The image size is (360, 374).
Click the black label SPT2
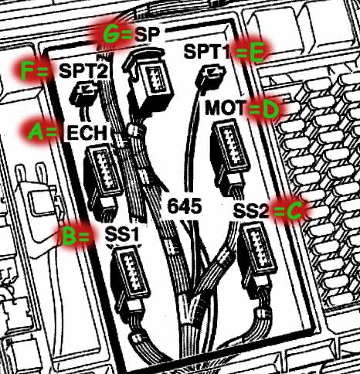coord(83,71)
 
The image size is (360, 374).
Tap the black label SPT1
coord(207,52)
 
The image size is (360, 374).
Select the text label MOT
coord(226,108)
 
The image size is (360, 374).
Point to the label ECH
coord(87,133)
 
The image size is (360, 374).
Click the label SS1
coord(122,234)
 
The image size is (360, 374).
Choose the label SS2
coord(251,211)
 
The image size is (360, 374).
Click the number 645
coord(185,206)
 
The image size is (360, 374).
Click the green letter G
coord(111,34)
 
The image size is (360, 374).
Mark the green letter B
coord(69,236)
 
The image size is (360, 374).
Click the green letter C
coord(294,211)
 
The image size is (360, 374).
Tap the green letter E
coord(256,53)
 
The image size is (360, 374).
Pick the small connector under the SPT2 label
coord(83,93)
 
